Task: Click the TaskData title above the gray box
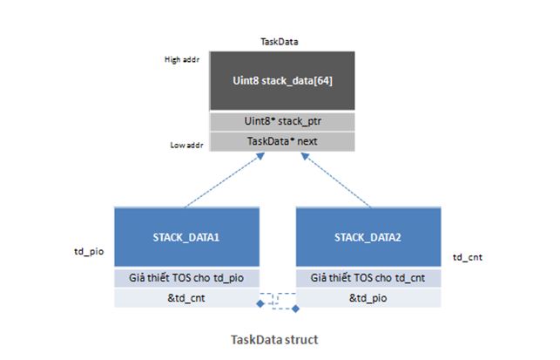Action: (280, 42)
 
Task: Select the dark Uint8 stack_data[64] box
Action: (282, 80)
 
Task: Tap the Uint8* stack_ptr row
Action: (282, 121)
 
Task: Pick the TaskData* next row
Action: (282, 141)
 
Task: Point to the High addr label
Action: (182, 59)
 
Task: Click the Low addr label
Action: (186, 146)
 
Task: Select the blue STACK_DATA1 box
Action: (186, 237)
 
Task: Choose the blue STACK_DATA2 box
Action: (368, 237)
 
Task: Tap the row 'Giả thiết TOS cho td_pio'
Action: (186, 278)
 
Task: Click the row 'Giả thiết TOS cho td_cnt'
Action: (368, 278)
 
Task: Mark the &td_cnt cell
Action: (186, 298)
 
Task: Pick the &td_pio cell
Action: (368, 298)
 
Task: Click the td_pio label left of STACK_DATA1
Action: (89, 252)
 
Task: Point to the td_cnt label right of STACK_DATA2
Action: (468, 257)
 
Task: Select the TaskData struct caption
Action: (274, 340)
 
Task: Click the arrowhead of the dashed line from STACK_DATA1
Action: (260, 156)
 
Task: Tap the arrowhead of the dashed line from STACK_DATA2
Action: (305, 156)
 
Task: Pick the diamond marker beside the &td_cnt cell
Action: (260, 304)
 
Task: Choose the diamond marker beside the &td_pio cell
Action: (295, 309)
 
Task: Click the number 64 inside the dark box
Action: (322, 80)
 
